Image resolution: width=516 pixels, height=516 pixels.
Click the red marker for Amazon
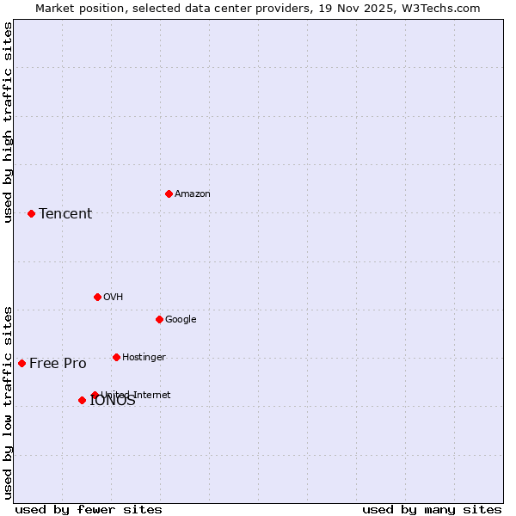click(169, 193)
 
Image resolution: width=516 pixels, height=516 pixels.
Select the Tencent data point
click(31, 213)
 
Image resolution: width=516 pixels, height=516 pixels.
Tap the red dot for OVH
click(97, 297)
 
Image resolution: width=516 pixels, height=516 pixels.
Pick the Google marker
click(159, 319)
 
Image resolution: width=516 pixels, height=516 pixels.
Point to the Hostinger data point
click(116, 357)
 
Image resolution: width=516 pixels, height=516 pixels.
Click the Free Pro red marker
click(21, 363)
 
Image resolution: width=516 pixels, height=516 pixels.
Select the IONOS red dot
click(82, 400)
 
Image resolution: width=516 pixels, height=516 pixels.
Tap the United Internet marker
click(95, 395)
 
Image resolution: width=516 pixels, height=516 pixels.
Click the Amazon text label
click(192, 194)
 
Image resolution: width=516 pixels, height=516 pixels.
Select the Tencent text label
click(65, 214)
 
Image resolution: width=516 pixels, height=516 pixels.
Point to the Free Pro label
click(58, 364)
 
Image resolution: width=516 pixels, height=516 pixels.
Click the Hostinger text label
click(144, 358)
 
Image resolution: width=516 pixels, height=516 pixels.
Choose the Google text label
click(181, 320)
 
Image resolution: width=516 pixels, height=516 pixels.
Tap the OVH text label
click(113, 298)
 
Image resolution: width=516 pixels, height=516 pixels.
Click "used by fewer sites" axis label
click(89, 509)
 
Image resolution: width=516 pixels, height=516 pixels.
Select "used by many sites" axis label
click(432, 509)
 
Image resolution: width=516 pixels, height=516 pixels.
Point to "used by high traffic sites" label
click(9, 122)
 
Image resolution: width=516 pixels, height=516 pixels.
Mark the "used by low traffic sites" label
click(9, 402)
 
